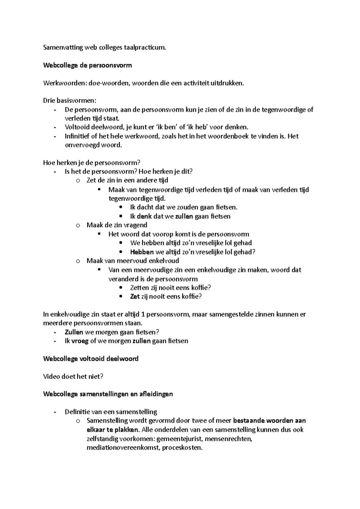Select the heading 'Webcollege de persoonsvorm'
click(87, 65)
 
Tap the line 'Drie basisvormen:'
click(70, 101)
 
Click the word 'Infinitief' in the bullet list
click(77, 136)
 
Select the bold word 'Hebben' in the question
click(142, 252)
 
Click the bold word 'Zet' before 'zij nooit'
click(135, 296)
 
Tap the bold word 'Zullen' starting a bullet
click(74, 332)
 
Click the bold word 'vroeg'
click(80, 341)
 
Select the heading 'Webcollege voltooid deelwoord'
click(91, 359)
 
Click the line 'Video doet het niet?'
click(73, 377)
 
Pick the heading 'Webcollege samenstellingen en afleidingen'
click(108, 394)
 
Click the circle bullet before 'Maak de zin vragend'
click(78, 225)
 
